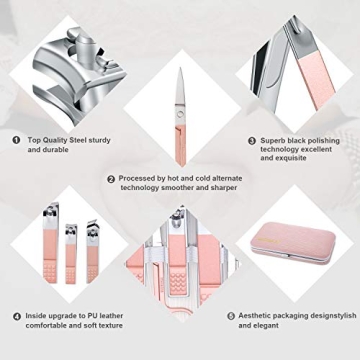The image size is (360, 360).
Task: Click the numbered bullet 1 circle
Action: click(17, 140)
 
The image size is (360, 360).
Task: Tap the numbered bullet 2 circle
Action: click(111, 179)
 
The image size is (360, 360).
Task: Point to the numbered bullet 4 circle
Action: click(17, 316)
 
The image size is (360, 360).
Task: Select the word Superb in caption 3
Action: click(274, 140)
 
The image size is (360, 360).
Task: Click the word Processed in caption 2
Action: click(138, 179)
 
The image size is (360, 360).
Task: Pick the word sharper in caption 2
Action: click(227, 188)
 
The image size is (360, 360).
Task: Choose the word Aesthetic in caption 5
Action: click(257, 316)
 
